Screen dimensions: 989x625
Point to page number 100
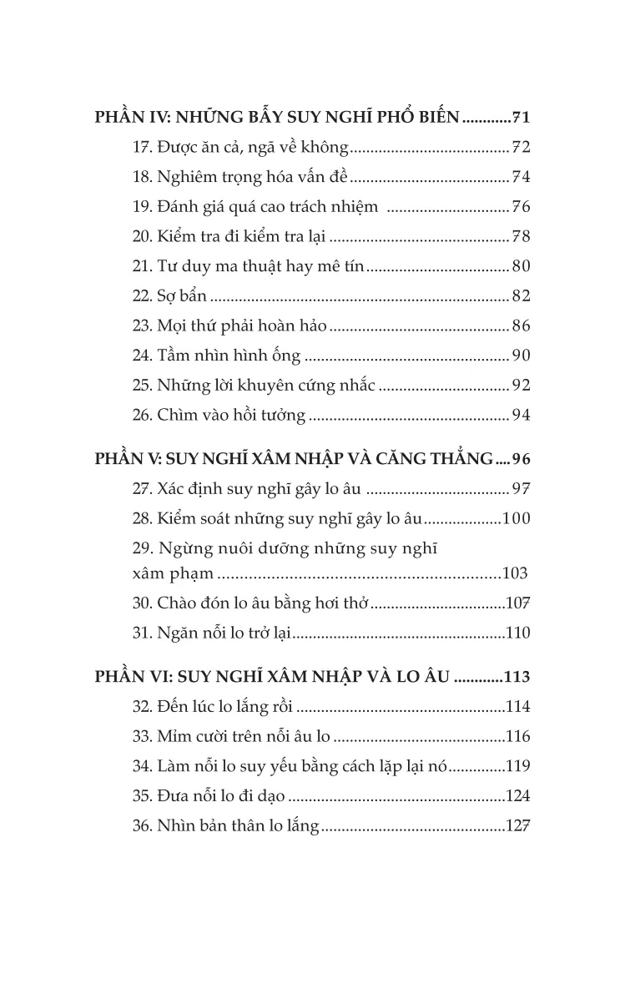[516, 518]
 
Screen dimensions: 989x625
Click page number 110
[517, 633]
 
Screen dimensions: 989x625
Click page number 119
[517, 767]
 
